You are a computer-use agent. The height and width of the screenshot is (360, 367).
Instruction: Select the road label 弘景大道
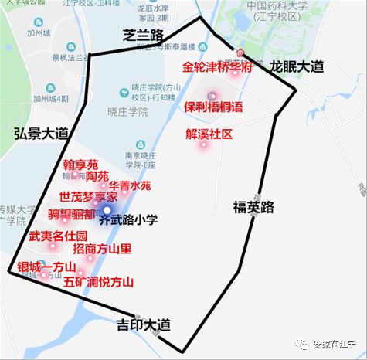pyautogui.click(x=40, y=133)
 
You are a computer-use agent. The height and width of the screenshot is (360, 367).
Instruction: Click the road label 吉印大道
pyautogui.click(x=142, y=324)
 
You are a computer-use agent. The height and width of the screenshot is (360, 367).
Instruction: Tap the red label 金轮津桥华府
pyautogui.click(x=217, y=67)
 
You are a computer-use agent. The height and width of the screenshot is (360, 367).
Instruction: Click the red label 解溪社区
pyautogui.click(x=209, y=134)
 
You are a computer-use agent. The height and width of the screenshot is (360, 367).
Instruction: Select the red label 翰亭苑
pyautogui.click(x=80, y=165)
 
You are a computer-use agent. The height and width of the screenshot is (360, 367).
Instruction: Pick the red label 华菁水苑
pyautogui.click(x=129, y=185)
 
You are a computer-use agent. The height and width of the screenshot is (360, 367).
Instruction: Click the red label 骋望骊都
pyautogui.click(x=72, y=213)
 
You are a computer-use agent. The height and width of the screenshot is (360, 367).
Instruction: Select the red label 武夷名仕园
pyautogui.click(x=57, y=236)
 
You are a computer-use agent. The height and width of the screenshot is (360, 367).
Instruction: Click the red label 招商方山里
pyautogui.click(x=102, y=249)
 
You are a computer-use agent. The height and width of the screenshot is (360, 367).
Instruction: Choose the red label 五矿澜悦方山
pyautogui.click(x=99, y=282)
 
